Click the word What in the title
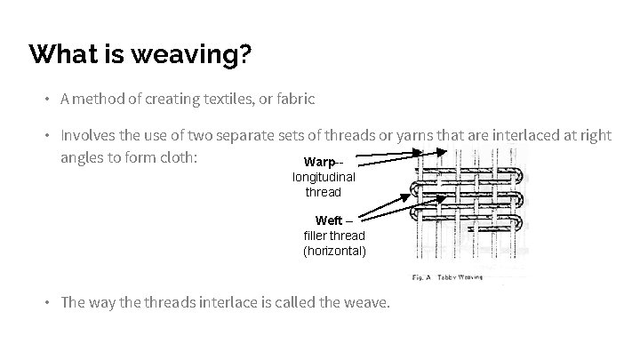click(60, 56)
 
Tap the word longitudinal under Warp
click(324, 178)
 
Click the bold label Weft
click(329, 220)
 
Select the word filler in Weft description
click(316, 236)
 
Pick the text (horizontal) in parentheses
click(333, 251)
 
